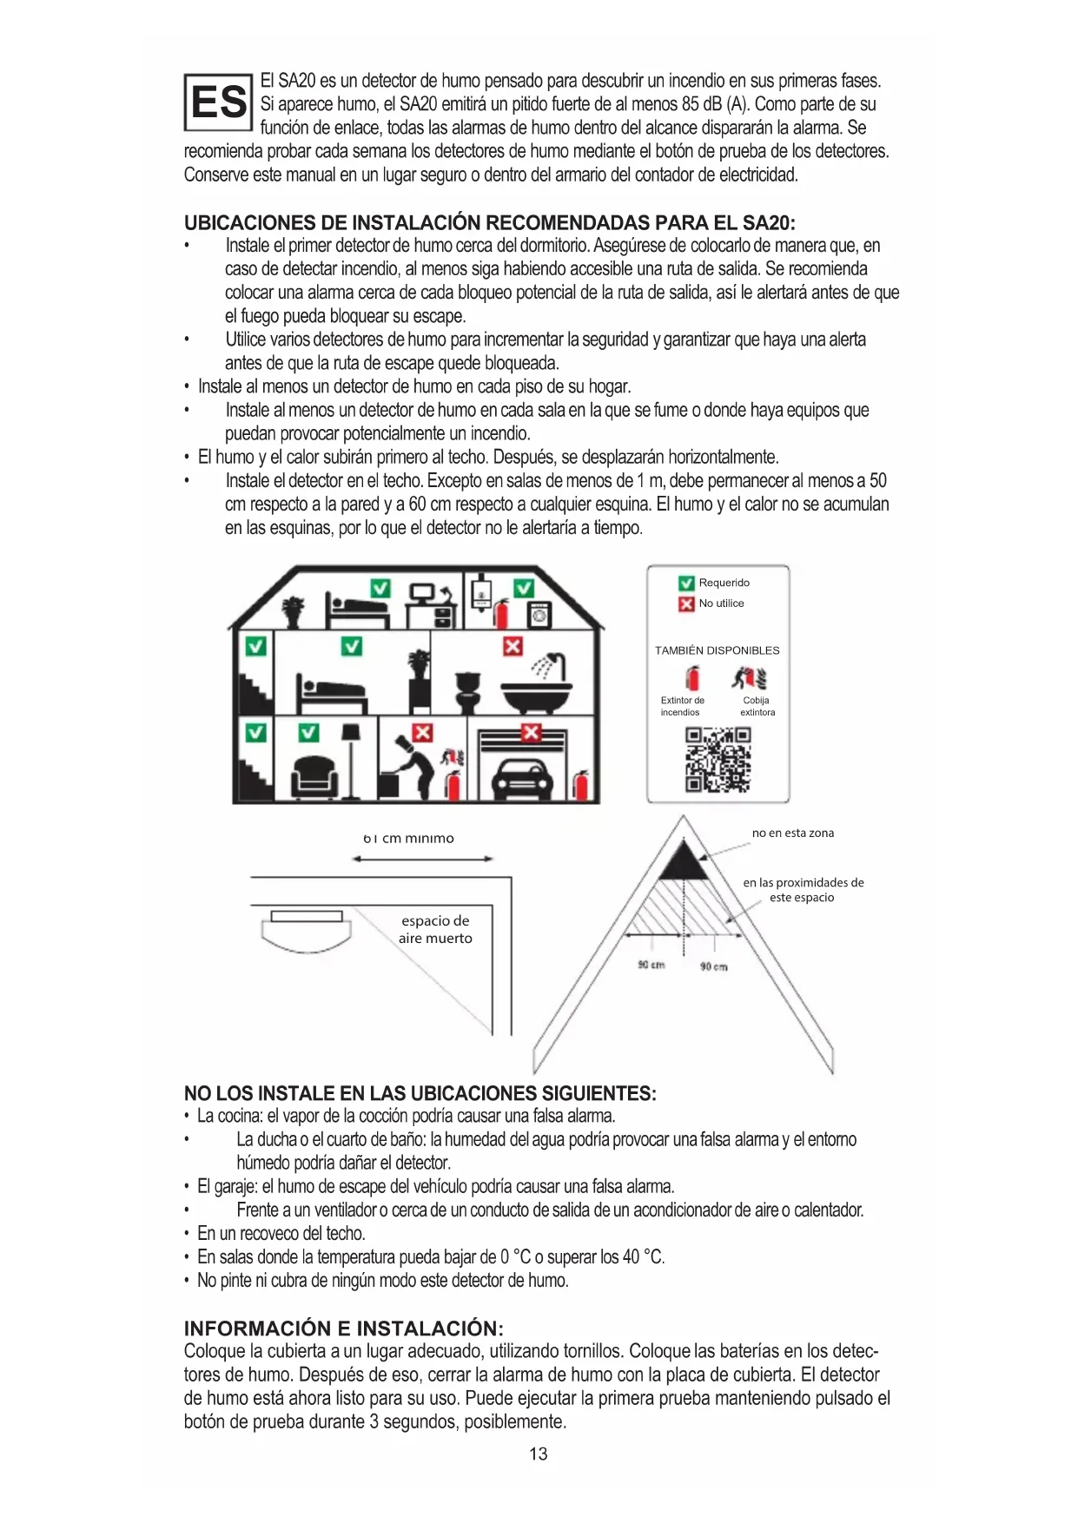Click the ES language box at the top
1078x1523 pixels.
coord(218,102)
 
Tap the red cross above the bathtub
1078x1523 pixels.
coord(513,646)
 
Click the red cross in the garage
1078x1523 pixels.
coord(531,733)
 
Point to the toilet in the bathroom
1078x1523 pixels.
coord(469,690)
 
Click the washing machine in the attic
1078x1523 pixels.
coord(539,616)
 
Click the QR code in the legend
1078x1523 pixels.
coord(718,760)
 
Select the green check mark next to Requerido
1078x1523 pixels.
coord(686,583)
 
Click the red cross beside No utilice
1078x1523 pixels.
coord(686,603)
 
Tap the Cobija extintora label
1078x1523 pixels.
coord(757,706)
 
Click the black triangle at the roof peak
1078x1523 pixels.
coord(683,861)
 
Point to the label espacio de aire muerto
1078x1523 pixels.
coord(435,929)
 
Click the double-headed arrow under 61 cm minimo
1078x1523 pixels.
coord(423,859)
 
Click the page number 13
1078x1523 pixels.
coord(539,1454)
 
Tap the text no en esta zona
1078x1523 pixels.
coord(792,833)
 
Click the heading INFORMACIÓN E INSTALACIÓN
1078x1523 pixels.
coord(343,1329)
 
